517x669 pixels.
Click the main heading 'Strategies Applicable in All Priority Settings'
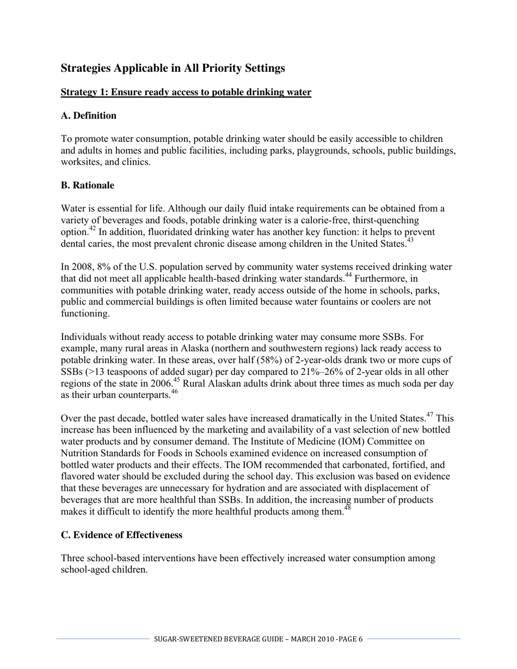173,68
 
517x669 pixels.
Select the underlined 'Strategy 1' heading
186,92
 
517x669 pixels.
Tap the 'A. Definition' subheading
88,115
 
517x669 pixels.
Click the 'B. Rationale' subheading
87,185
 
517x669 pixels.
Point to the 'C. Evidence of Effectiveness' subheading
121,535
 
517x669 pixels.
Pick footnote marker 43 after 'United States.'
410,240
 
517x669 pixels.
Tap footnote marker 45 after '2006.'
176,380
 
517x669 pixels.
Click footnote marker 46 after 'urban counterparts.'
174,392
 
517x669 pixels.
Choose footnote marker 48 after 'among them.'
347,508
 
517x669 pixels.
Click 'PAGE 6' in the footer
350,639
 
